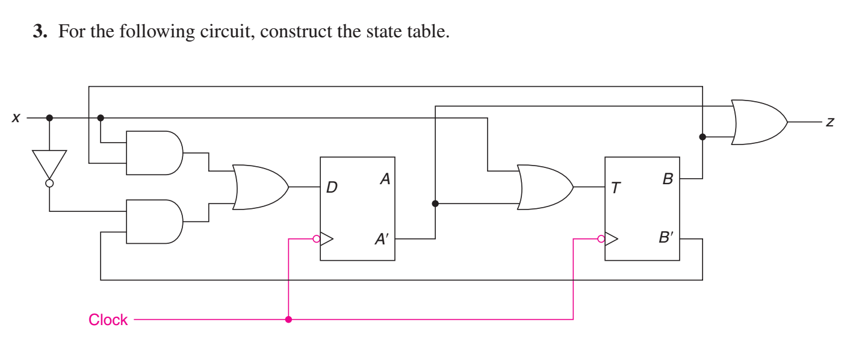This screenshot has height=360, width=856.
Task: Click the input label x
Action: (x=16, y=119)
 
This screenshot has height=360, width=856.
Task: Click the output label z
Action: (x=830, y=122)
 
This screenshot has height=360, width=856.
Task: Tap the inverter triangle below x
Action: (x=49, y=162)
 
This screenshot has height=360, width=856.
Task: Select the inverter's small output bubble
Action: (x=49, y=183)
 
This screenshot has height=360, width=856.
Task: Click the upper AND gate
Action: (x=154, y=153)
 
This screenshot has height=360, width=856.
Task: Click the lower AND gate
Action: (x=154, y=222)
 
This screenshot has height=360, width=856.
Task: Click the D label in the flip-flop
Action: (x=332, y=188)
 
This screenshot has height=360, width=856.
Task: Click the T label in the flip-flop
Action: (x=615, y=188)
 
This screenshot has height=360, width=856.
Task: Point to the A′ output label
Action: (x=382, y=240)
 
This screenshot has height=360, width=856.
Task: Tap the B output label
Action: (x=668, y=179)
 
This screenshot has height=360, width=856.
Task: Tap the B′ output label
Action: (x=666, y=238)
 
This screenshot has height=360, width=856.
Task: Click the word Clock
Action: (x=108, y=320)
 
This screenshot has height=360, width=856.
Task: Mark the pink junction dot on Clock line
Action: (x=288, y=319)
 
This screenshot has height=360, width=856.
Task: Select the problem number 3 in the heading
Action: (x=39, y=31)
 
